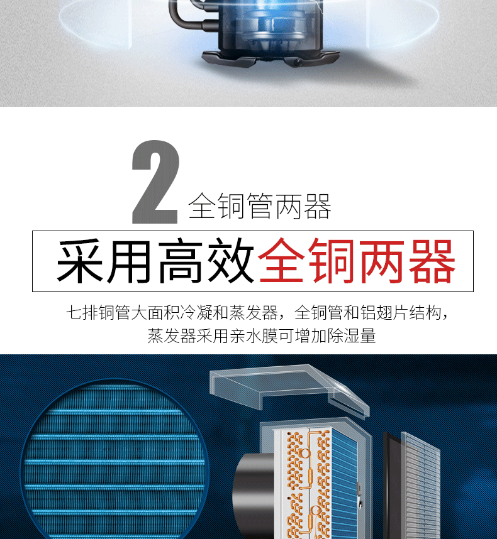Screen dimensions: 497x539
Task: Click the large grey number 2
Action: [155, 182]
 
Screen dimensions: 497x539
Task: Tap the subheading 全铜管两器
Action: [260, 206]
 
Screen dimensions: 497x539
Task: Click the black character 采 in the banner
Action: [80, 261]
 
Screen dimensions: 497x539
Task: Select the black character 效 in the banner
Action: [231, 261]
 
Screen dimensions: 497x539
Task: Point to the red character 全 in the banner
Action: [282, 261]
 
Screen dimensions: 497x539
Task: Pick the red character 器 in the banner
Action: [432, 261]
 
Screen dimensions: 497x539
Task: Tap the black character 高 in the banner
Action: [181, 261]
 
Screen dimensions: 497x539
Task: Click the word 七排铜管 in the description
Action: [98, 313]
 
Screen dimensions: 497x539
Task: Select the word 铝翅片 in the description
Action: [384, 313]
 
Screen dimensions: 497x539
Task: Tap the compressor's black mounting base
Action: [270, 58]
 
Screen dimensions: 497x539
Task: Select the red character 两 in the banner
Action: [382, 261]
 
